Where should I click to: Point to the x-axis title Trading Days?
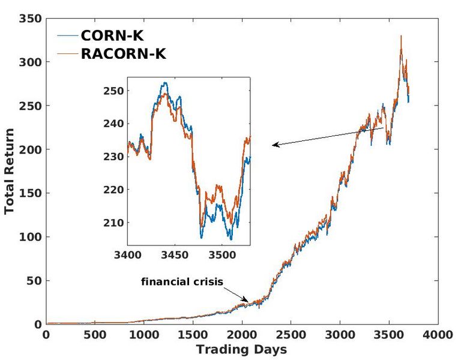241,349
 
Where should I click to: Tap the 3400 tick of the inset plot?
128,254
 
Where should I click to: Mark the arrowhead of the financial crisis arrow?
246,300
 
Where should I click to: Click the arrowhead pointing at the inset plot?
274,145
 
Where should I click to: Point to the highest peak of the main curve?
401,36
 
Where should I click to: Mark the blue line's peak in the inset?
164,83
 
